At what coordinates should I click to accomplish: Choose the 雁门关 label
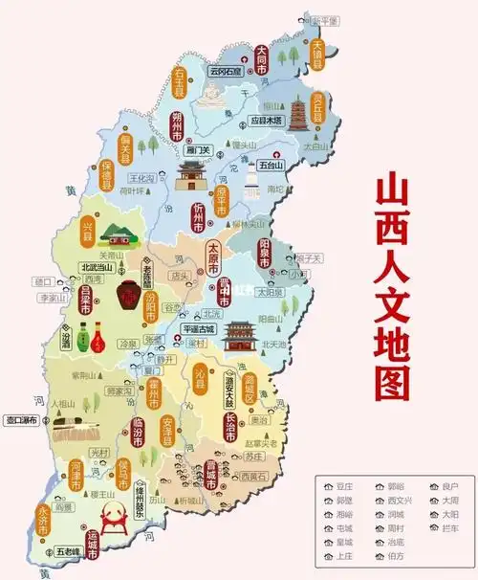pyautogui.click(x=199, y=150)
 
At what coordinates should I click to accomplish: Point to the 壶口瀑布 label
pyautogui.click(x=21, y=419)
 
